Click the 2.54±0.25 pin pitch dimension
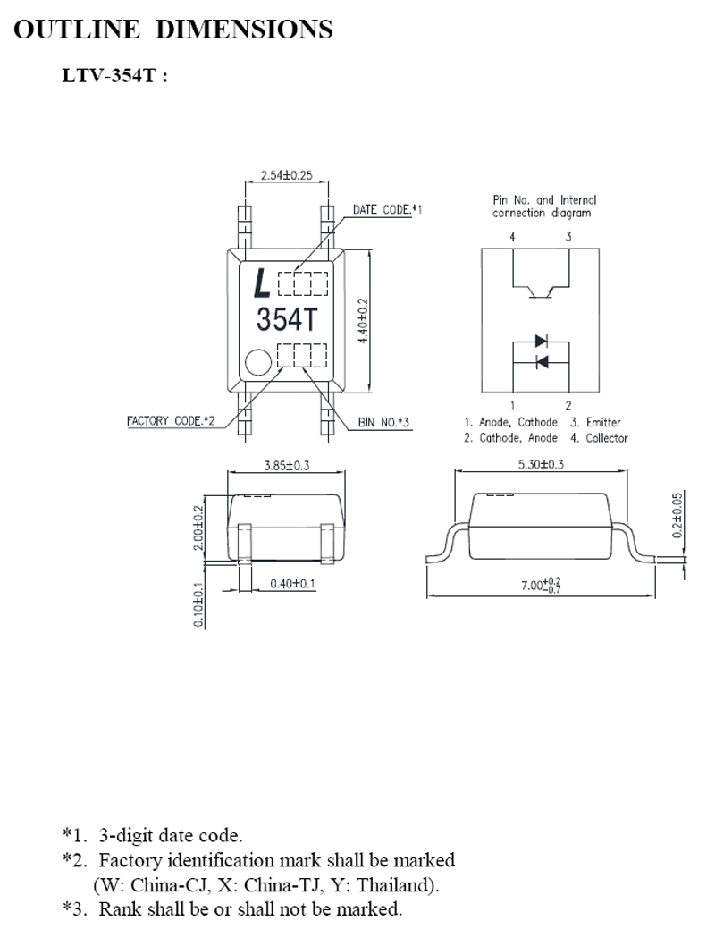[287, 175]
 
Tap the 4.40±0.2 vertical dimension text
[363, 320]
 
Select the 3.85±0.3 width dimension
[287, 465]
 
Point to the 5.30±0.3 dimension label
[541, 464]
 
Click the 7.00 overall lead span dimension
[541, 585]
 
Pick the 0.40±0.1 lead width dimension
[292, 584]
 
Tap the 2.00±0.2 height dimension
[198, 528]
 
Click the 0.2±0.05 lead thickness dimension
[677, 515]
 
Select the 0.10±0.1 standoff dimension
[198, 605]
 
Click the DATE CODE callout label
[387, 210]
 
